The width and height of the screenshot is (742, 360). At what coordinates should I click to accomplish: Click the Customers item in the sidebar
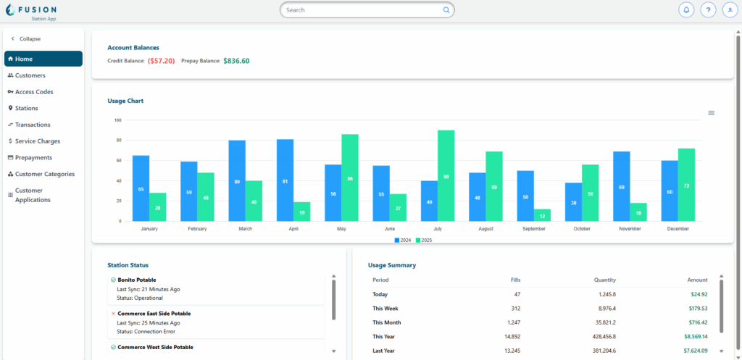pos(30,75)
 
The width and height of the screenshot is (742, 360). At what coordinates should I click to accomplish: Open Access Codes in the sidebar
pos(33,92)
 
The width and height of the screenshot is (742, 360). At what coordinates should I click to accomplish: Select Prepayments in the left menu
pos(33,157)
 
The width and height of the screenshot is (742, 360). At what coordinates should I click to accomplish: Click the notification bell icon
pos(686,10)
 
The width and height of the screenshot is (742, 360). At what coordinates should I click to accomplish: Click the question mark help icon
pos(708,10)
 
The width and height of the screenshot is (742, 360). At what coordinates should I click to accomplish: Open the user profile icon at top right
pos(730,10)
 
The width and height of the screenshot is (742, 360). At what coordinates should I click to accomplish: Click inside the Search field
pos(362,10)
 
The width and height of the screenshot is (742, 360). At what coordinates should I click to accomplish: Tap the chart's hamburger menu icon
pos(711,113)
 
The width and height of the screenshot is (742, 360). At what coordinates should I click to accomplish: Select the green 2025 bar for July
pos(446,176)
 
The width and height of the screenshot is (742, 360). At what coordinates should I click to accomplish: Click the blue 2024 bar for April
pos(285,180)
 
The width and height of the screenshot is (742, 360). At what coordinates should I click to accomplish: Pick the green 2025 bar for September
pos(542,215)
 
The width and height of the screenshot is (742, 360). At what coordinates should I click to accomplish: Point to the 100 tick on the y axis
pos(117,120)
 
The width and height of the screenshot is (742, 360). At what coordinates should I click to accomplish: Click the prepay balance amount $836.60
pos(236,61)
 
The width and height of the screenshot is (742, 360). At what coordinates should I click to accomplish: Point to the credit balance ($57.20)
pos(161,61)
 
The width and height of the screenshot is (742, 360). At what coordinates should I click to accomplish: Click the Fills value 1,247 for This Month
pos(512,322)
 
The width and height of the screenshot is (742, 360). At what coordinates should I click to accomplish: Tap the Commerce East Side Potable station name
pos(154,314)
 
